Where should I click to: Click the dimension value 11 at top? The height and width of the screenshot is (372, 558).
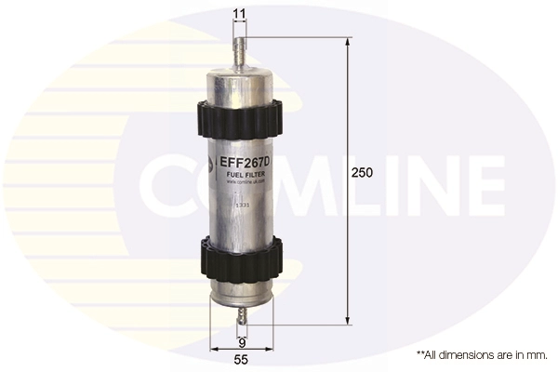click(240, 14)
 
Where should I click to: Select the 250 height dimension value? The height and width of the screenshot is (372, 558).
click(363, 173)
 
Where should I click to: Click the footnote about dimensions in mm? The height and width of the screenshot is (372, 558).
click(482, 354)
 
